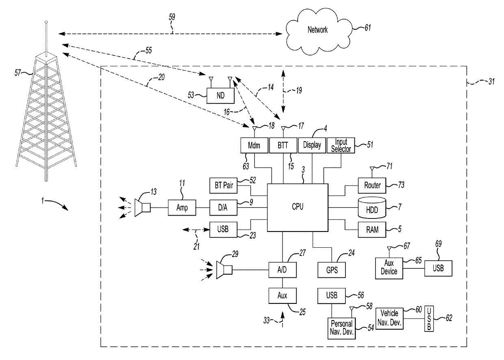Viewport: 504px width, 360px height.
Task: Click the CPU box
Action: pos(298,207)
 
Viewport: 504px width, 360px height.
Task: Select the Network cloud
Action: pos(319,31)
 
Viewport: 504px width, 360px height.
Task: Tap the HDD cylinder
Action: pos(372,207)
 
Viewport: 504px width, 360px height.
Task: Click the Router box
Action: pos(372,185)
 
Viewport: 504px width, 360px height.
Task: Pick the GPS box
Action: pos(331,270)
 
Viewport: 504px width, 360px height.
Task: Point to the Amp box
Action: pos(182,207)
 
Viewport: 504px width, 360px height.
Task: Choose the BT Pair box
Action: pos(223,185)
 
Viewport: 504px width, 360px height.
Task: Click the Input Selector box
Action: pos(341,146)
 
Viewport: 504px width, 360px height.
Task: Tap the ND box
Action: pos(220,96)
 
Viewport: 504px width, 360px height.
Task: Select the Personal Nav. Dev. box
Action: pos(341,328)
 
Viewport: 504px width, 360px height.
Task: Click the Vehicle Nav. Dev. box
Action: pos(389,319)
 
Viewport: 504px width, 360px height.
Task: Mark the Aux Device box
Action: pos(389,268)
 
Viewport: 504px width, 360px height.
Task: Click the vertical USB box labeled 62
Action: pos(429,319)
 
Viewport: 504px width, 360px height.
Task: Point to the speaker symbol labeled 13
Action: pos(142,207)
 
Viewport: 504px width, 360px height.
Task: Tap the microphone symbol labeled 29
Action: pos(224,270)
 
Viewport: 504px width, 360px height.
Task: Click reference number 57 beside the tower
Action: pos(17,73)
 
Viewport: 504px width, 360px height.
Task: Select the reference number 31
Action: pos(492,81)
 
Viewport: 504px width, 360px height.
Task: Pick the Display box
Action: pos(312,146)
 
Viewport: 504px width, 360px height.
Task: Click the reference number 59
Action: pos(172,17)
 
